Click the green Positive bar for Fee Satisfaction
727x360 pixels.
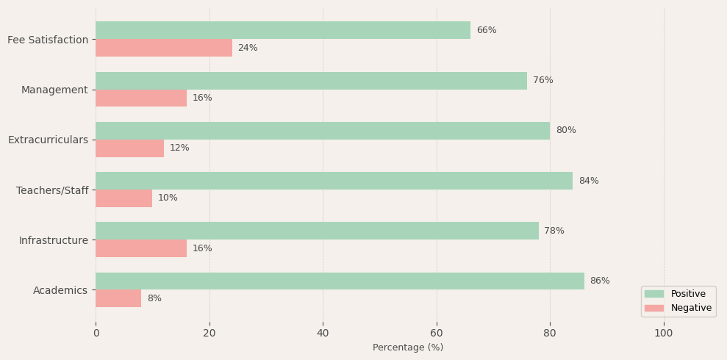pos(283,30)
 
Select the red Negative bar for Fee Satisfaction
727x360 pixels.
pos(164,48)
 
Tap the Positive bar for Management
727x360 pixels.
pos(311,81)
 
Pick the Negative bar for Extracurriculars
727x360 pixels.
pos(129,148)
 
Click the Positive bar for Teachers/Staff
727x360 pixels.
pos(334,181)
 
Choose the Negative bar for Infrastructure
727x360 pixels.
pos(141,248)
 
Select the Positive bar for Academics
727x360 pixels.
pos(340,281)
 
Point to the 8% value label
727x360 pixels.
pos(154,299)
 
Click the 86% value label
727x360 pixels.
pos(600,281)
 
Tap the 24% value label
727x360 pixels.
pos(248,48)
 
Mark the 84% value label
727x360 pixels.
pos(589,181)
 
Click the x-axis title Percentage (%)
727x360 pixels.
pos(408,348)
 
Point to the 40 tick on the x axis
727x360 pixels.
pos(323,333)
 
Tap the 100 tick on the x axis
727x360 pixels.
pos(664,333)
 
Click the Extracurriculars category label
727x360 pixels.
pos(48,140)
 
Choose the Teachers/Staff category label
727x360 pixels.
pos(52,190)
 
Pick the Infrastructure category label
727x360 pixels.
pos(54,240)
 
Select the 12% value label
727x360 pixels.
pos(179,148)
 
